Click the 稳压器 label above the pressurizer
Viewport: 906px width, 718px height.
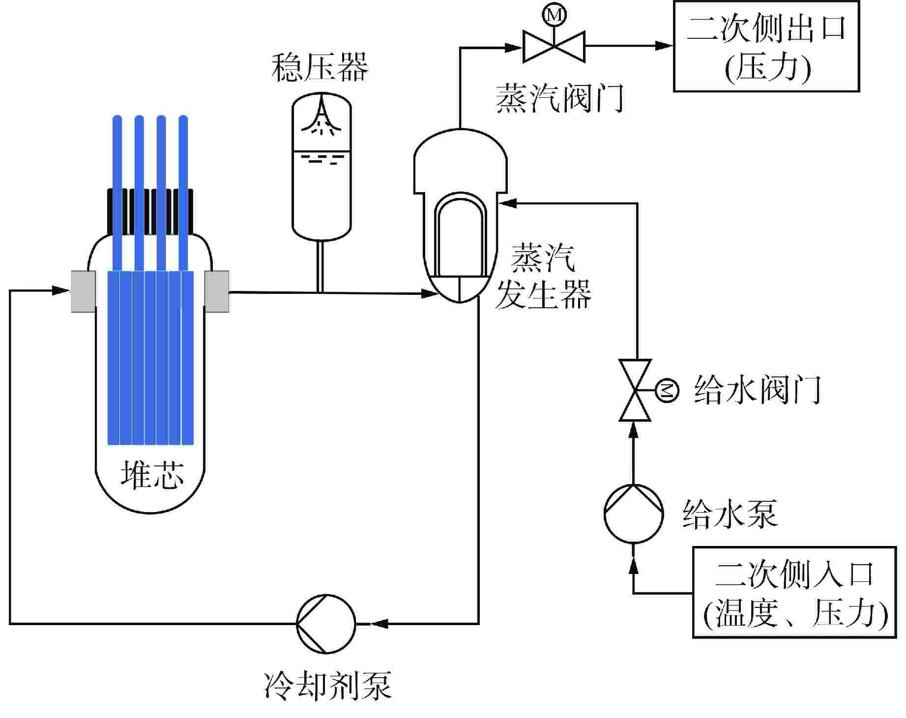pyautogui.click(x=320, y=68)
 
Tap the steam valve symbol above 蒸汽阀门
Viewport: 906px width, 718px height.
pyautogui.click(x=554, y=46)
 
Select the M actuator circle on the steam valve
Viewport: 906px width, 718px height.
pyautogui.click(x=554, y=15)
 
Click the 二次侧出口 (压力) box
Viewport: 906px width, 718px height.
pyautogui.click(x=766, y=46)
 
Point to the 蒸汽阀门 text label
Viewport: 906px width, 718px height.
pyautogui.click(x=559, y=98)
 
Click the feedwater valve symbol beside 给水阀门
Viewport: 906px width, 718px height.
pyautogui.click(x=635, y=390)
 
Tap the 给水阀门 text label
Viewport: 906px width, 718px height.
pyautogui.click(x=757, y=391)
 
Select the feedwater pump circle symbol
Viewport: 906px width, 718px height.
pyautogui.click(x=634, y=514)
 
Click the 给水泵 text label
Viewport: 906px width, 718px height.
pyautogui.click(x=730, y=514)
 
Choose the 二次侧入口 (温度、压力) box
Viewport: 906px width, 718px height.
pyautogui.click(x=794, y=592)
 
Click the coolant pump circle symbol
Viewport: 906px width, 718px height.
pyautogui.click(x=326, y=624)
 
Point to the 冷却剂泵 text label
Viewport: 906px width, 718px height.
pyautogui.click(x=328, y=685)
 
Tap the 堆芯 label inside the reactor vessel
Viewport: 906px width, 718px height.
pyautogui.click(x=152, y=475)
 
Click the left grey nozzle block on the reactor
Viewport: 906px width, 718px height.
pyautogui.click(x=83, y=291)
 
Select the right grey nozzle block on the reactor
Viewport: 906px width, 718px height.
pyautogui.click(x=217, y=291)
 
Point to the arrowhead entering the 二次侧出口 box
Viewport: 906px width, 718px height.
pyautogui.click(x=664, y=46)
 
